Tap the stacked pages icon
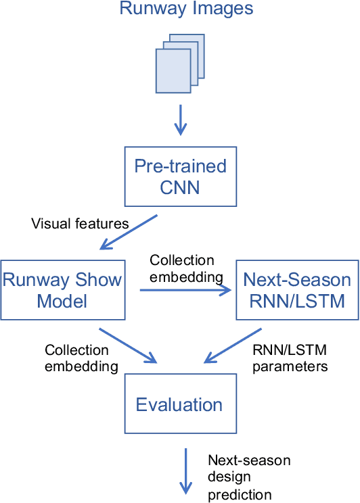pyautogui.click(x=180, y=64)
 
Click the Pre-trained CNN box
pyautogui.click(x=179, y=176)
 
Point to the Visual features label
pyautogui.click(x=80, y=224)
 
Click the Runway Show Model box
pyautogui.click(x=63, y=289)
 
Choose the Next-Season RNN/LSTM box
pyautogui.click(x=297, y=289)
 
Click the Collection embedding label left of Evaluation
pyautogui.click(x=76, y=358)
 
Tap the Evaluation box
pyautogui.click(x=179, y=404)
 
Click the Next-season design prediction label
pyautogui.click(x=248, y=477)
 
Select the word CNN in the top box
pyautogui.click(x=179, y=187)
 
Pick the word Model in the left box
pyautogui.click(x=62, y=300)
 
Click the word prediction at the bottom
pyautogui.click(x=240, y=494)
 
